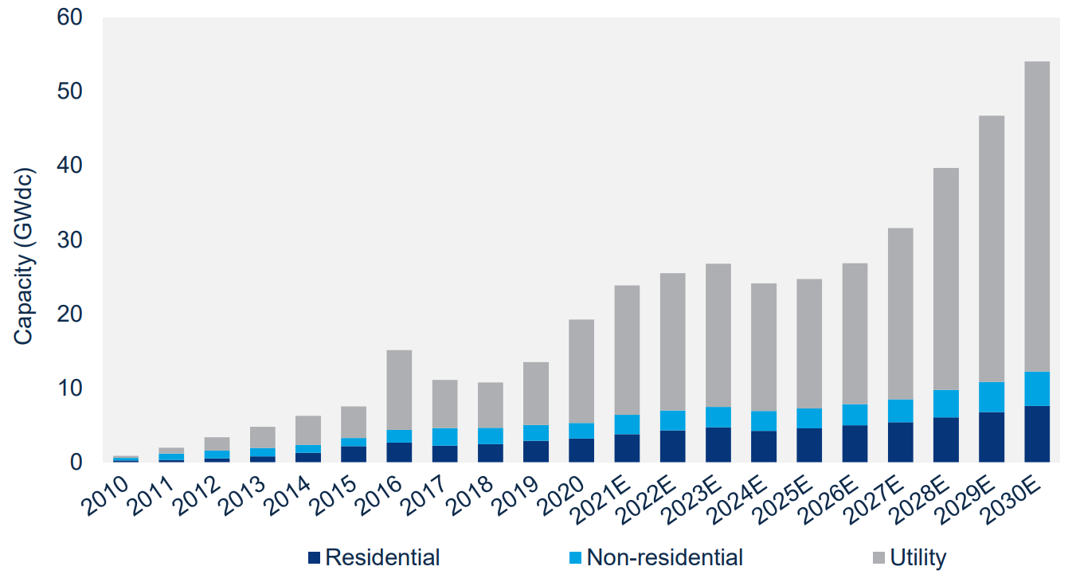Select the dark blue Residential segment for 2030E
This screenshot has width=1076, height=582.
click(x=1036, y=434)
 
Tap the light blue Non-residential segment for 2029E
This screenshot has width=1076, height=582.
click(x=991, y=396)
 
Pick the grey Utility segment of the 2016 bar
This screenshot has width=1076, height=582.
click(x=399, y=390)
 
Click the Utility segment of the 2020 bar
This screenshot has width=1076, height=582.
click(x=581, y=371)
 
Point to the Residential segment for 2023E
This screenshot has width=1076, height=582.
click(x=718, y=444)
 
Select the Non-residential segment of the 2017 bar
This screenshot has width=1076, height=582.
click(x=444, y=436)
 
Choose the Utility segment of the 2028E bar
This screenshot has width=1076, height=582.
click(x=945, y=279)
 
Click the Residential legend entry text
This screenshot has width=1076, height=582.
click(x=382, y=557)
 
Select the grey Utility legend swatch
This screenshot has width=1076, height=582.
click(x=878, y=557)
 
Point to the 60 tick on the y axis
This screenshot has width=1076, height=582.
click(x=70, y=18)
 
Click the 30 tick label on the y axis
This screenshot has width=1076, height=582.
click(x=70, y=240)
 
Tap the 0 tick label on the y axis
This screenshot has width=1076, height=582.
click(x=76, y=462)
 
